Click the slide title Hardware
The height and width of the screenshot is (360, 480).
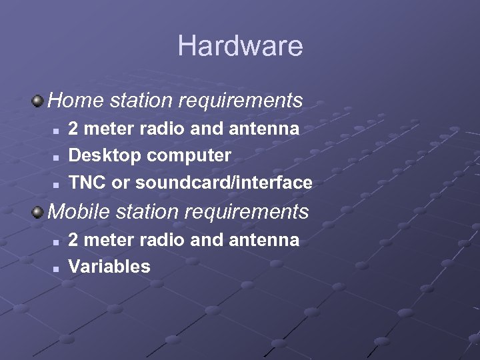240,46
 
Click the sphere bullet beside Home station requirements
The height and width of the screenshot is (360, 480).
38,101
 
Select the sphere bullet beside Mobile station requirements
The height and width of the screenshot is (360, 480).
38,211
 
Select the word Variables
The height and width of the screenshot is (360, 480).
109,267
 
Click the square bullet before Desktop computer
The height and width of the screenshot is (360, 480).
57,157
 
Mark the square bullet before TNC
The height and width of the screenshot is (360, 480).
57,183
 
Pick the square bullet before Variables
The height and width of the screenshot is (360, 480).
57,268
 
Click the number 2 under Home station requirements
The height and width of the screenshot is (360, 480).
73,129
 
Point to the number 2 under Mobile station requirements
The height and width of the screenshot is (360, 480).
73,240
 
